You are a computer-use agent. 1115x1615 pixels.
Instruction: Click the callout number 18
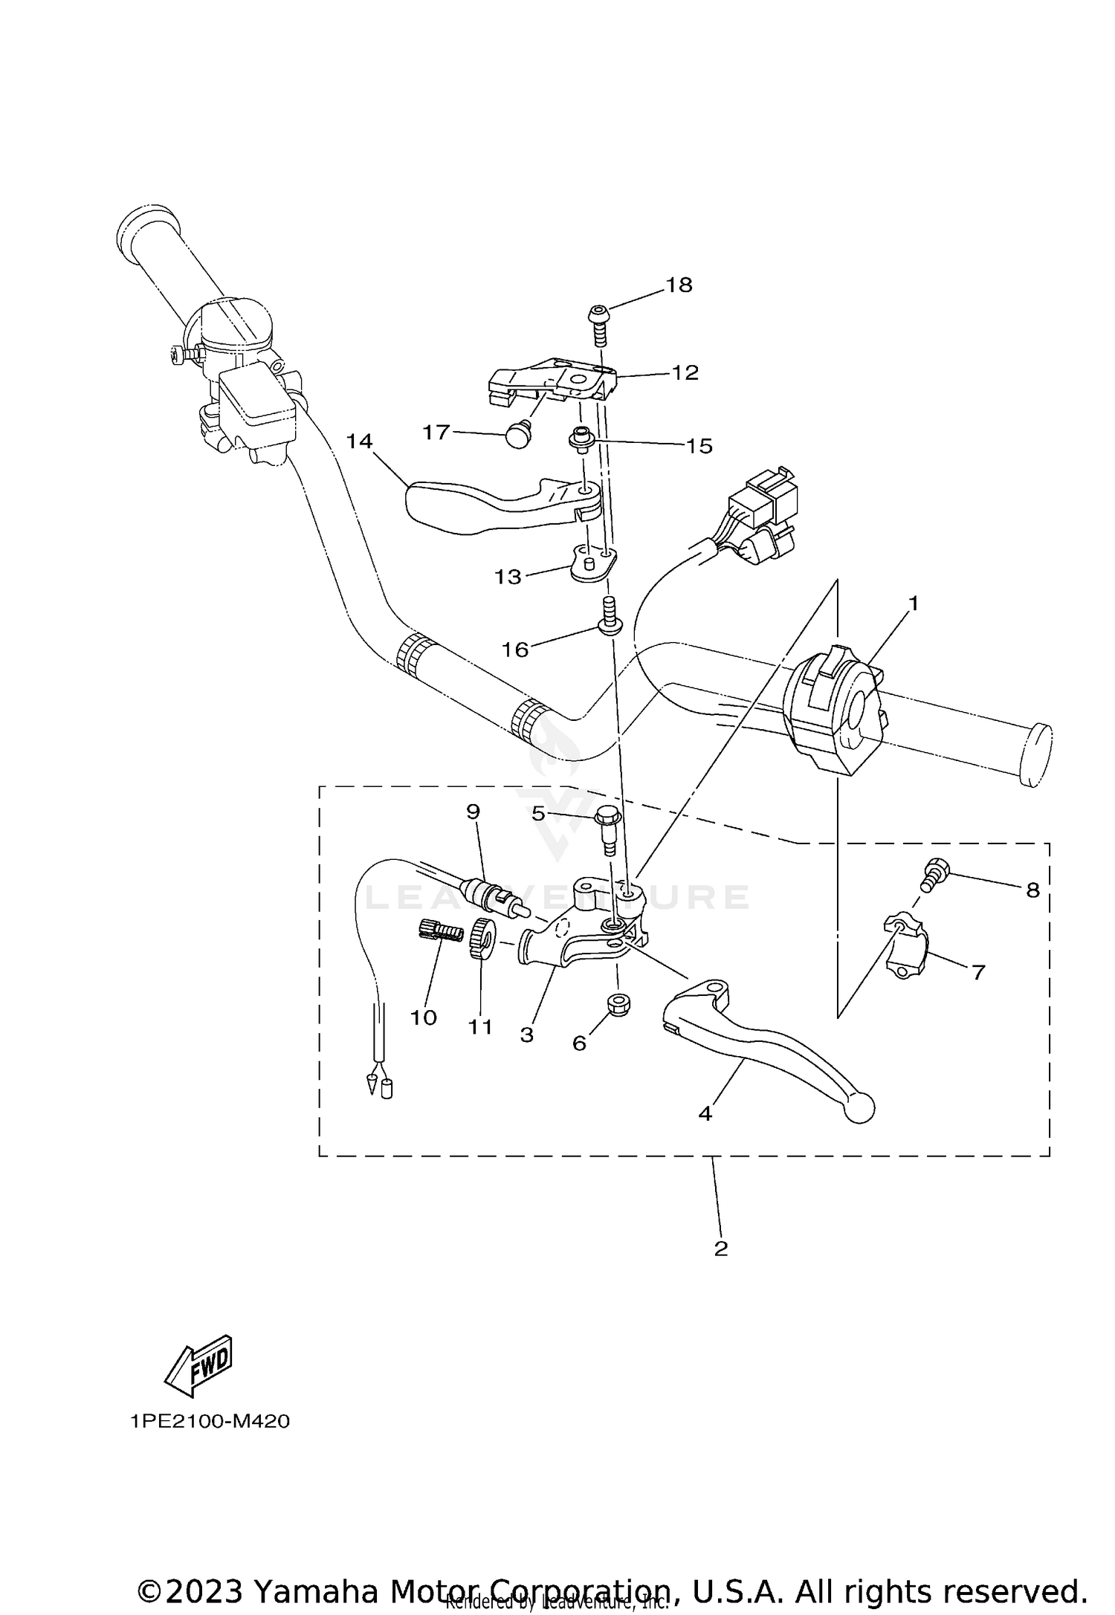pyautogui.click(x=679, y=285)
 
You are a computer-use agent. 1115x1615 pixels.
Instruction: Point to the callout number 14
pyautogui.click(x=359, y=441)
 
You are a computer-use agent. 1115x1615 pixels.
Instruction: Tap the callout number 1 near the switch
pyautogui.click(x=914, y=603)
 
